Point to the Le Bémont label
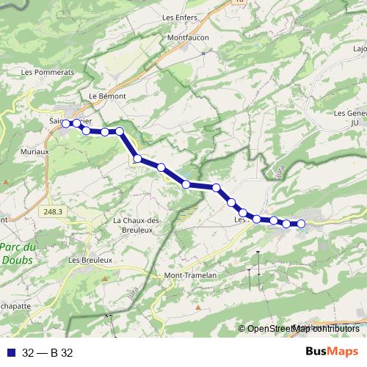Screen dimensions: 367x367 coord(107,96)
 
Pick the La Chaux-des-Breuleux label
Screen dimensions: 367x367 coord(137,225)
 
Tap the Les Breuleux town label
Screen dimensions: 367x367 coord(90,260)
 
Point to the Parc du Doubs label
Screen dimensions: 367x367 coord(15,253)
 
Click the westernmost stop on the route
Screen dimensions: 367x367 coord(65,123)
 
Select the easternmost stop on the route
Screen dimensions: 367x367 coord(300,224)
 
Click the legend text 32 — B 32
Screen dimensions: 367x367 coord(47,352)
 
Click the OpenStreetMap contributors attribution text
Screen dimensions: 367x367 coord(302,328)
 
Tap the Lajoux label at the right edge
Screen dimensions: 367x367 coord(360,49)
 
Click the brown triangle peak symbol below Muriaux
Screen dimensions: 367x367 coord(6,181)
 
